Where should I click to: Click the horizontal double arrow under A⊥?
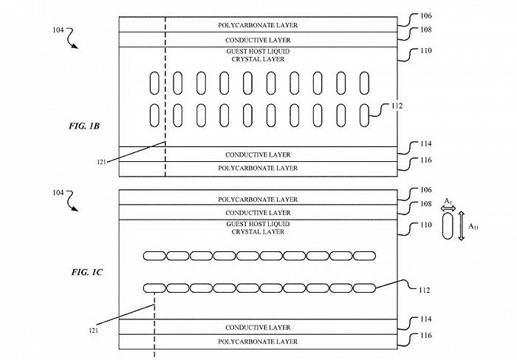[x=448, y=210]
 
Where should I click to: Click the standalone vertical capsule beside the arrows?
[x=448, y=227]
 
